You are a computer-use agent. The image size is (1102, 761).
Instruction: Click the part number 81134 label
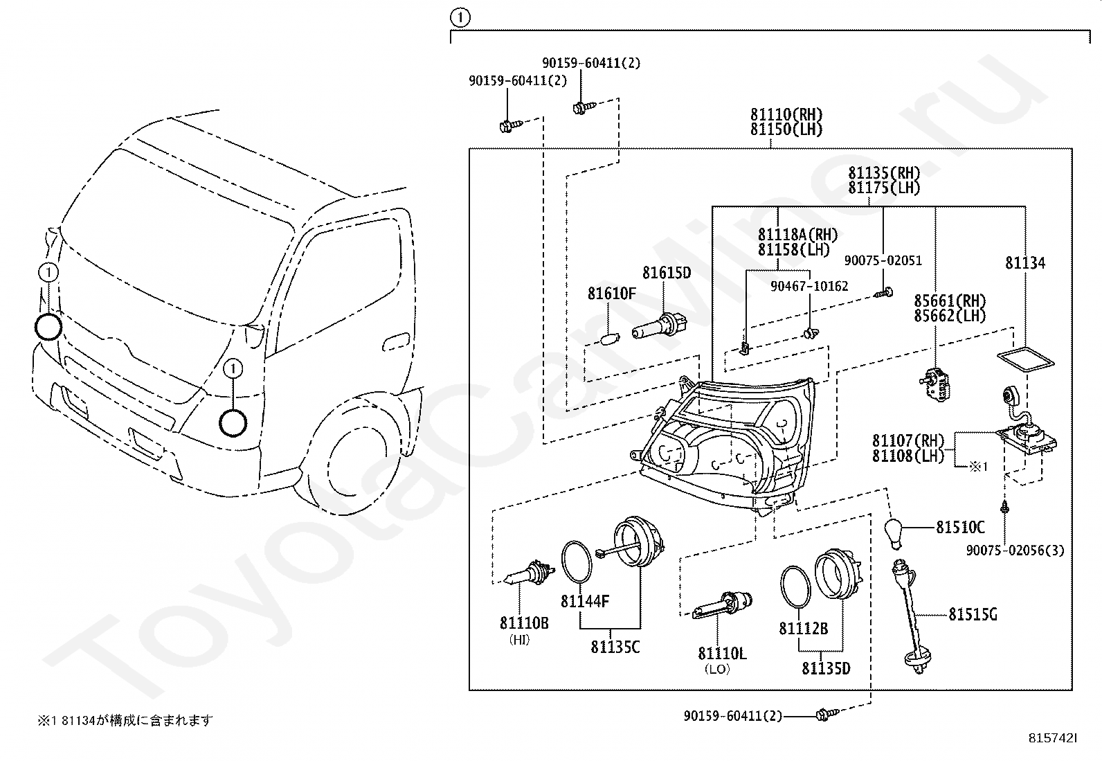tap(1024, 263)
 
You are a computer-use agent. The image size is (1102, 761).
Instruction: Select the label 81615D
tap(667, 273)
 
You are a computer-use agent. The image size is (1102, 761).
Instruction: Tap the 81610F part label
tap(611, 294)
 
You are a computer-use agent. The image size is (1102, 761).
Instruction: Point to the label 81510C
tap(960, 527)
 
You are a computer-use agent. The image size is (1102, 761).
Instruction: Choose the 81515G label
tap(973, 614)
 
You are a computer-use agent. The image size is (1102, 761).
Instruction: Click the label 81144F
tap(585, 601)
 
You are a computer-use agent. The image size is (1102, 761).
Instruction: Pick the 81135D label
tap(826, 668)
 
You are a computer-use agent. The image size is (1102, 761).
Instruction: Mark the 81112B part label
tap(804, 629)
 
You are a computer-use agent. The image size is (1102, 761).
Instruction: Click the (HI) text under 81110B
tap(520, 640)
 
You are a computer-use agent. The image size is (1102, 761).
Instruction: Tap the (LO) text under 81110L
tap(717, 670)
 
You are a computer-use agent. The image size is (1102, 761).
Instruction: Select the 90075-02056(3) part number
tap(1015, 550)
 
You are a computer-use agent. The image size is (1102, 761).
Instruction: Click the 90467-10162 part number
tap(809, 286)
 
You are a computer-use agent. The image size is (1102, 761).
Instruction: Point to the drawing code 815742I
tap(1053, 738)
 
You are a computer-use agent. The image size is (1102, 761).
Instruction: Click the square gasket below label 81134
tap(1026, 365)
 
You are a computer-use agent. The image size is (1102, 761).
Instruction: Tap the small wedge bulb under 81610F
tap(612, 339)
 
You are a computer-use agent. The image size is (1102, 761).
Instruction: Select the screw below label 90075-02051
tap(883, 294)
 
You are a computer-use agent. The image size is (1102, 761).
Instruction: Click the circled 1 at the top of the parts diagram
tap(460, 18)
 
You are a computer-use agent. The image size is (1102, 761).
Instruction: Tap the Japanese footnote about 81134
tap(125, 720)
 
